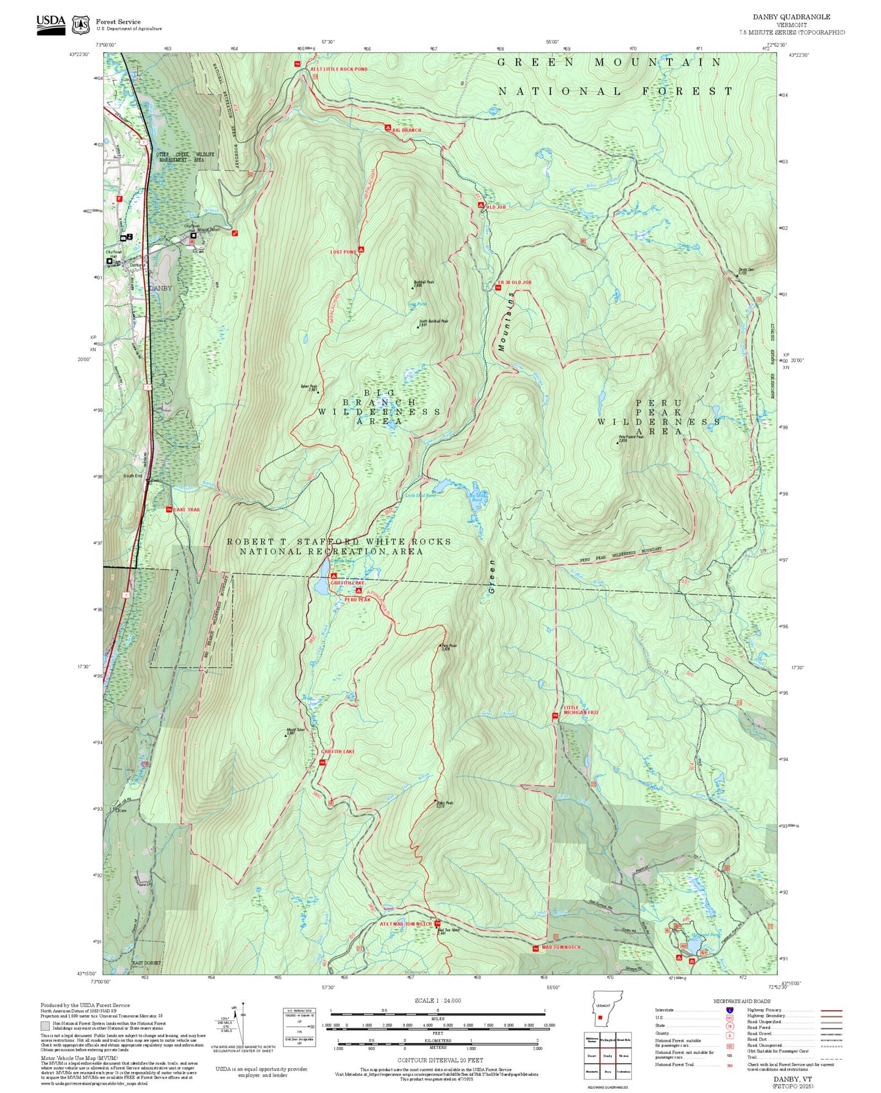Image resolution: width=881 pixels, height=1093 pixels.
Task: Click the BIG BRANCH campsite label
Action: coord(407,130)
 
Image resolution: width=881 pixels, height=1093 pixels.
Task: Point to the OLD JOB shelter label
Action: coord(496,207)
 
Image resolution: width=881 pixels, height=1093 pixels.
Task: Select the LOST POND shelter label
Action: coord(343,252)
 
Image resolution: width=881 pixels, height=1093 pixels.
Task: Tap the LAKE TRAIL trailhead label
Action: coord(187,509)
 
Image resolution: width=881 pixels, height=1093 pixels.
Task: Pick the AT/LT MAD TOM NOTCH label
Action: coord(405,924)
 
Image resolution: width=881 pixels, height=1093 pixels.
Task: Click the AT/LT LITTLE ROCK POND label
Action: coord(338,69)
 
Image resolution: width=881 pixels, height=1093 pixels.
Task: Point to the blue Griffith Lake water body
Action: coord(320,585)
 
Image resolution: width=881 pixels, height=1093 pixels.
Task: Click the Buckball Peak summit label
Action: coord(423,283)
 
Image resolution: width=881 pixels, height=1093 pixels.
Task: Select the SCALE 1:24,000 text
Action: coord(437,1000)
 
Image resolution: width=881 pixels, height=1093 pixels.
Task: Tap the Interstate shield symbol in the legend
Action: coord(729,1010)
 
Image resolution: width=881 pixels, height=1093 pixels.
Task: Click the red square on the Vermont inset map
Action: coord(601,1017)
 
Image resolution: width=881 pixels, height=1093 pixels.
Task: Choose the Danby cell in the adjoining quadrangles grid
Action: coord(607,1055)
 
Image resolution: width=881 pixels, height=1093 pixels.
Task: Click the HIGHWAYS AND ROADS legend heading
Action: coord(742,1001)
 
